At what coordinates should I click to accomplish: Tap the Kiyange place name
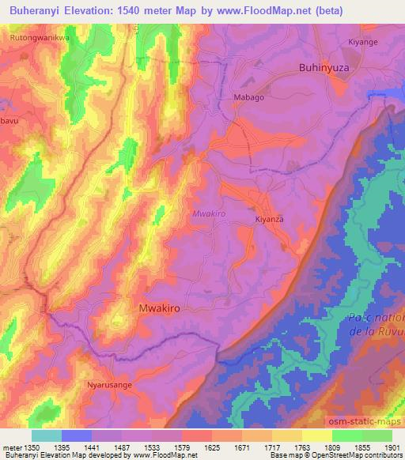click(364, 40)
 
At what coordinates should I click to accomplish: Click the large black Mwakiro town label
click(165, 309)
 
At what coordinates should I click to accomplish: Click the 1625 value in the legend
click(212, 447)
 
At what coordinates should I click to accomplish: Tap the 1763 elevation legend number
click(302, 447)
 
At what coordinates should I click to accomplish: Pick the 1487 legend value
click(122, 447)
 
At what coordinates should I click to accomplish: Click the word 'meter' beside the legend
click(10, 447)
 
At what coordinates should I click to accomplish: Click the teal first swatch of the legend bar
click(46, 435)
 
